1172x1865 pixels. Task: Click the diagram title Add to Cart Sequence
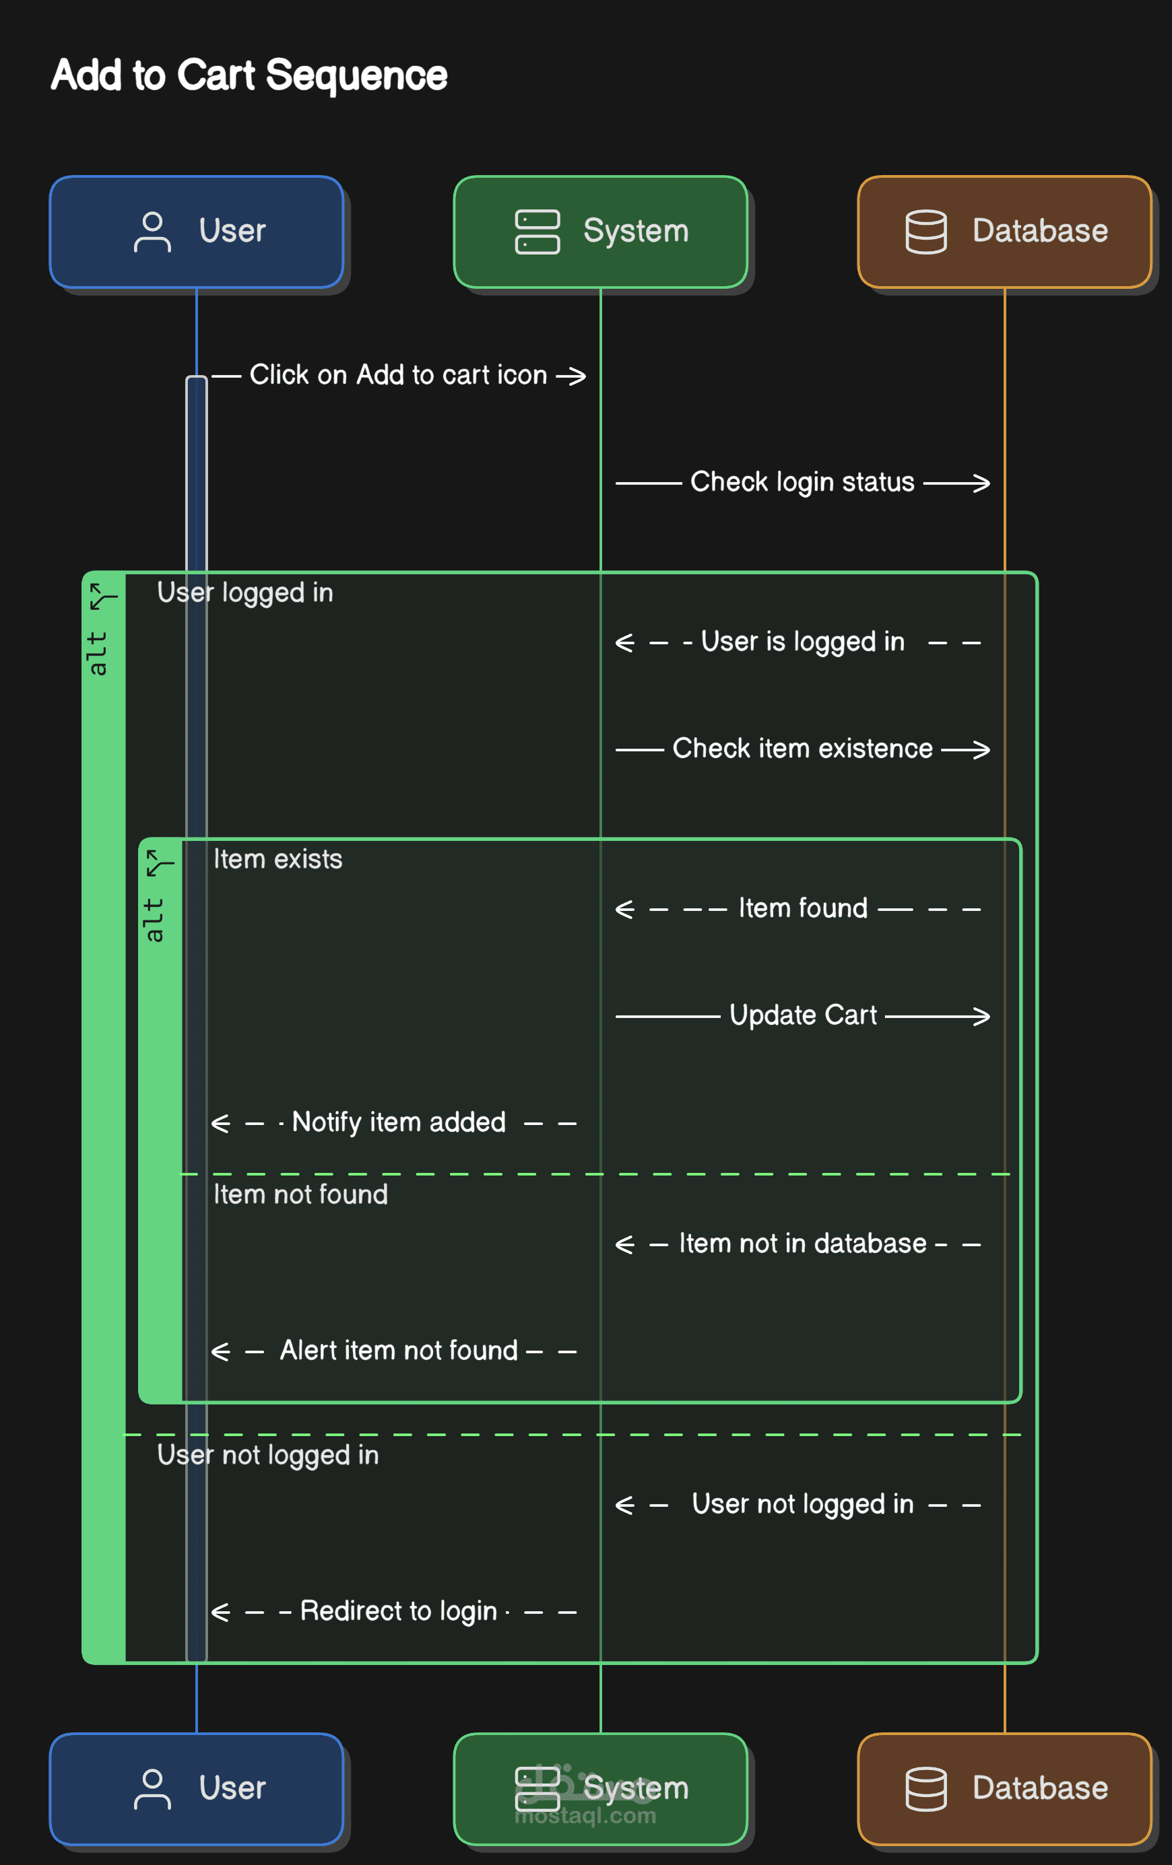pos(249,76)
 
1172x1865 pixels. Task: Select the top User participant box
pos(196,232)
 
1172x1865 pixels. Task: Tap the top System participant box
pos(600,232)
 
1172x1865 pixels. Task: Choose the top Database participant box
pos(1005,232)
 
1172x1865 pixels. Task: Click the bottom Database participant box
pos(1005,1788)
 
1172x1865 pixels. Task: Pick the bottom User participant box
pos(196,1788)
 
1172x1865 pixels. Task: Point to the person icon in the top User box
pos(152,232)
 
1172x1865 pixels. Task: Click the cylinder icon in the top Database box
pos(925,232)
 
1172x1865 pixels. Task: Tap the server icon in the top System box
pos(537,232)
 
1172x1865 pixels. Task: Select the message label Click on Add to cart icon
pos(398,375)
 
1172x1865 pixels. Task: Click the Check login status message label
pos(802,482)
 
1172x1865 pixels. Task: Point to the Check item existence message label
pos(802,748)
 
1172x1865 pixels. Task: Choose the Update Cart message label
pos(804,1015)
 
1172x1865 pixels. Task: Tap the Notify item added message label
pos(398,1122)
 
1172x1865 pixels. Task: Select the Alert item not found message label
pos(398,1350)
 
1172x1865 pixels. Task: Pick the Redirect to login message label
pos(398,1611)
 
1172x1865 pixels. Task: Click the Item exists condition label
pos(278,859)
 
